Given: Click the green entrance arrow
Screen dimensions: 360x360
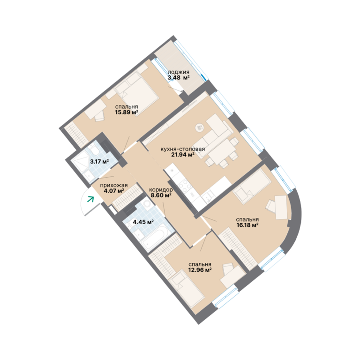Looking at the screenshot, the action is [x=90, y=199].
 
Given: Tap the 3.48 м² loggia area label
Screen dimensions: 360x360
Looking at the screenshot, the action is [x=179, y=77].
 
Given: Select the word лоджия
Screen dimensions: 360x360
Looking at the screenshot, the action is [x=179, y=72].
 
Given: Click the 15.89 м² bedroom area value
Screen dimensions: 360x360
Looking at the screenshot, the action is [x=127, y=112].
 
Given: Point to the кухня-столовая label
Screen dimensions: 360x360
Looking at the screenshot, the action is [x=182, y=149].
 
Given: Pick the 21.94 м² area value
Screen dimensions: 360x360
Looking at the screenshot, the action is [x=183, y=155].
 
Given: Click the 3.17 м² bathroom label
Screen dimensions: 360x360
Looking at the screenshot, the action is [x=99, y=161].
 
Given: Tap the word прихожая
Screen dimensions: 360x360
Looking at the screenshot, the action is [x=114, y=185].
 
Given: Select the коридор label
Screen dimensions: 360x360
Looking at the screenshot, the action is [x=161, y=190].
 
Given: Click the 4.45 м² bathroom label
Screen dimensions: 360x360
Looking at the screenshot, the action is [x=143, y=222].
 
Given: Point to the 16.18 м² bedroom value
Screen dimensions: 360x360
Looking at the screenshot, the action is [x=247, y=225].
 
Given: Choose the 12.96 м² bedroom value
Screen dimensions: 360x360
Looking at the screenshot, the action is [x=200, y=270].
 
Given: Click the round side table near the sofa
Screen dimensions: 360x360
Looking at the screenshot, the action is [x=200, y=127].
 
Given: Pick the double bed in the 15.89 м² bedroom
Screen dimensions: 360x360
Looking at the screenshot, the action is [x=137, y=92].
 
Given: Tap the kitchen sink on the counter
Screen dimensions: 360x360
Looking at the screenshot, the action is [x=208, y=197].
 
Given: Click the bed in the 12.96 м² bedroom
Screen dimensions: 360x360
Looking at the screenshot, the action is [x=187, y=289].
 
